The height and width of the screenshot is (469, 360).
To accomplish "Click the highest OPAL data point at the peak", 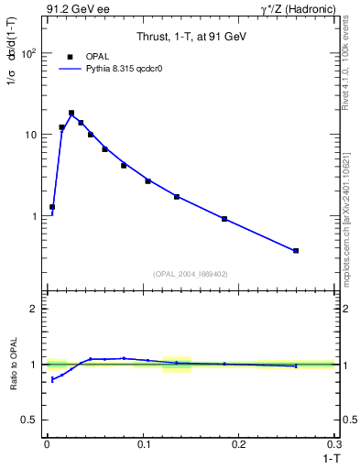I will click(x=71, y=114).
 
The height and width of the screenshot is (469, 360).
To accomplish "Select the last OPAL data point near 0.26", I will click(x=296, y=250).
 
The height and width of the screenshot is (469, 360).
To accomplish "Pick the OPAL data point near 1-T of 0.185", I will click(x=224, y=219).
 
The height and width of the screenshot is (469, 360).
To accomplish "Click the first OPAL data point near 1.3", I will click(x=52, y=207).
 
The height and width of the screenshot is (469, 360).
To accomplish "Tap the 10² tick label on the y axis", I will click(x=29, y=53).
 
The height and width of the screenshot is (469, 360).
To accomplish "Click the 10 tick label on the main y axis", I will click(x=31, y=135).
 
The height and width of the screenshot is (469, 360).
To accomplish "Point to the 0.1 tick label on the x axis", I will click(x=143, y=444).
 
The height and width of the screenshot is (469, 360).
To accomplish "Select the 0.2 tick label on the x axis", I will click(x=240, y=444).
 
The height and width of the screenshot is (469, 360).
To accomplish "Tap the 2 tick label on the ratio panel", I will click(x=34, y=310).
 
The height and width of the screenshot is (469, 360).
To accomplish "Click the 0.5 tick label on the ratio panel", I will click(x=30, y=420).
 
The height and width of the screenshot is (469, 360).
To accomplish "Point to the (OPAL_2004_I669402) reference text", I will click(x=191, y=274).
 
